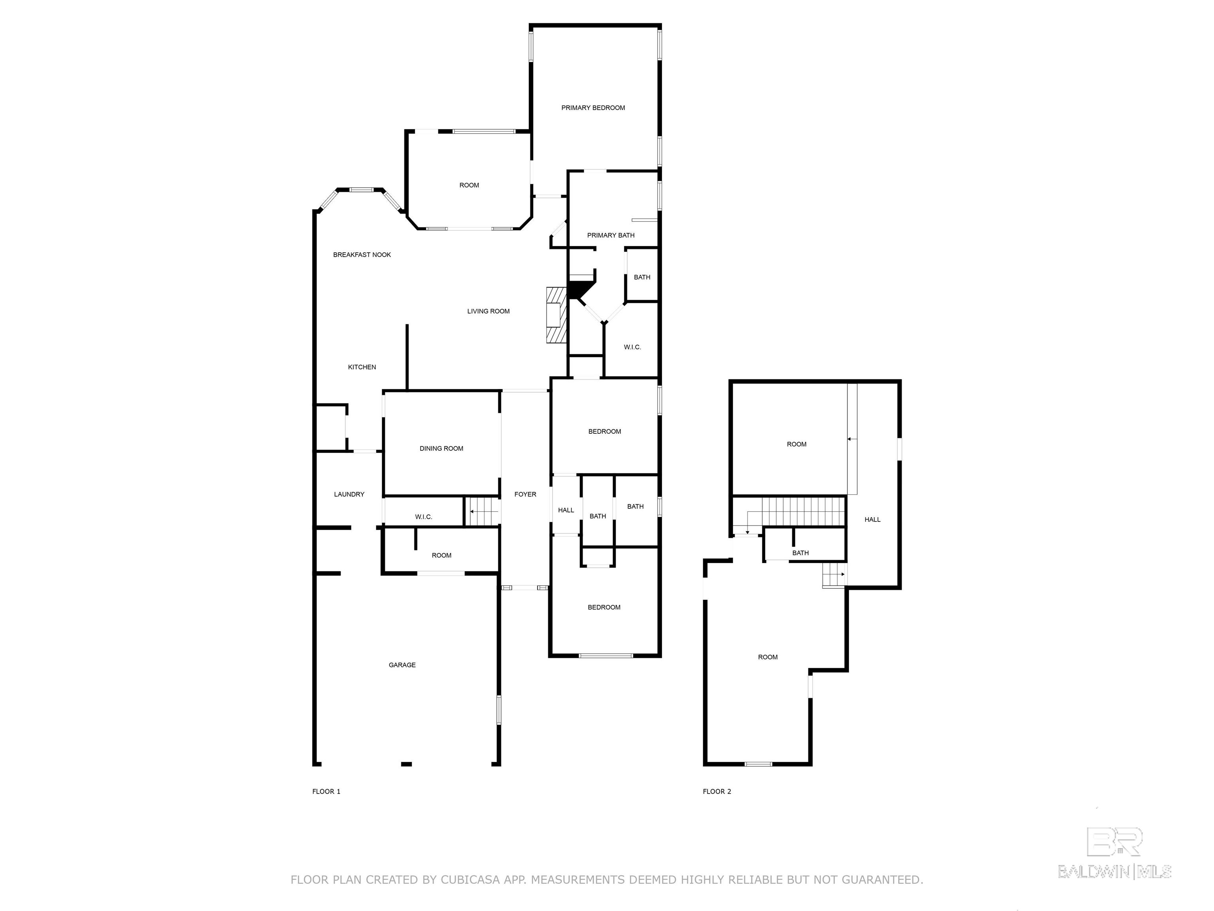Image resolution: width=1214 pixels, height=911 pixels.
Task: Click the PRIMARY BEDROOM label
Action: click(593, 108)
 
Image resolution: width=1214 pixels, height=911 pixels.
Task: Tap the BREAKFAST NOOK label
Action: click(362, 255)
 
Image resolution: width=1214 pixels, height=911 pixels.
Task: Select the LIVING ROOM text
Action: click(488, 311)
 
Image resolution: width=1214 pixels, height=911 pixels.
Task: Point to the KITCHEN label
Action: click(362, 367)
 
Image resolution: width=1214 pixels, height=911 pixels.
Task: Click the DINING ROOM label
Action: click(441, 449)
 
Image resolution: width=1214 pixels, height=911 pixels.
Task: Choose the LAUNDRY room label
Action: click(349, 494)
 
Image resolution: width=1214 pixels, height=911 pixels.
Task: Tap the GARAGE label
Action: click(402, 665)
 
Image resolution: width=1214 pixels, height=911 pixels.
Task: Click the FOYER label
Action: click(525, 494)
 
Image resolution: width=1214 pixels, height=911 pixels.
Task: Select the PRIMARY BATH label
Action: click(611, 235)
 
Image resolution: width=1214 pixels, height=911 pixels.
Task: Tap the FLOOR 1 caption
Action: click(326, 791)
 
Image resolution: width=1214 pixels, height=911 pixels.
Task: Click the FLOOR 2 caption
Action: click(717, 791)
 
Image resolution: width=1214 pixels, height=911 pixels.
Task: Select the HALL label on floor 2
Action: click(872, 520)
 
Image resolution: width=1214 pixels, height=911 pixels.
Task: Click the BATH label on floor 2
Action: click(800, 553)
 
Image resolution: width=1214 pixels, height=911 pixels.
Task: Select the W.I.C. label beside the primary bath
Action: click(632, 347)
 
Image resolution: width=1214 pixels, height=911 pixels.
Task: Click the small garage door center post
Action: click(406, 764)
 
